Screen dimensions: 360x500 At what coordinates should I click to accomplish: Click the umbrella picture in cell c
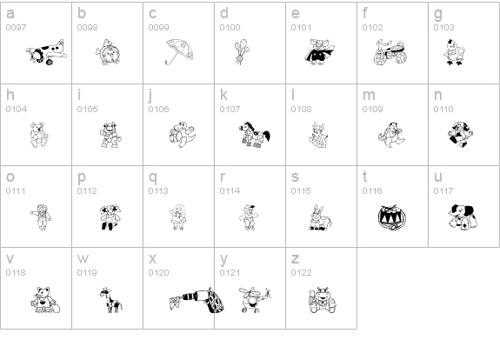180,52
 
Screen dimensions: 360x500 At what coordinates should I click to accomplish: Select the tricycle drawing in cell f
383,52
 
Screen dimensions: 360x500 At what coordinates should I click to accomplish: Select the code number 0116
371,190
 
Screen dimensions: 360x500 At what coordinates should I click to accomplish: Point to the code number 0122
300,272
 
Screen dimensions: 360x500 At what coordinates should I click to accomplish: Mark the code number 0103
443,28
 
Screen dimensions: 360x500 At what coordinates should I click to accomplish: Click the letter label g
438,14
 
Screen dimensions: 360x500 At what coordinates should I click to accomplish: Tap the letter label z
295,258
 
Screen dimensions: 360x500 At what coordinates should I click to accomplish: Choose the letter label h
10,95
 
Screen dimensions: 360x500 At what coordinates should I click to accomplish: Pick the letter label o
10,177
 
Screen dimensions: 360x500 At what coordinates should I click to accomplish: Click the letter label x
152,258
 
